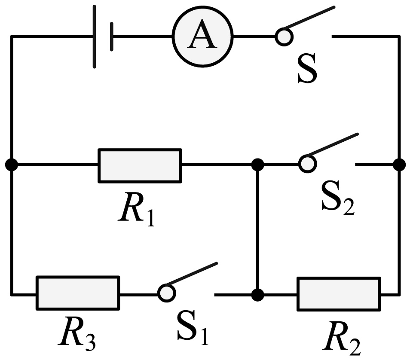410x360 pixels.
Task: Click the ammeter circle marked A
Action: (202, 37)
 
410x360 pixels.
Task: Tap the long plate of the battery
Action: (95, 37)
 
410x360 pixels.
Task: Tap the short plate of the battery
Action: (112, 37)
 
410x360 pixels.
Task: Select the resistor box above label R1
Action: (140, 165)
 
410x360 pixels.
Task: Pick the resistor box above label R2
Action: (338, 294)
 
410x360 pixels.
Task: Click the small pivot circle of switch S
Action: (283, 37)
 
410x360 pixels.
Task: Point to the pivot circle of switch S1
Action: (166, 293)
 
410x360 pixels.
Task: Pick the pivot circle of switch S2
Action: (307, 163)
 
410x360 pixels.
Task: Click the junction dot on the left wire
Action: (12, 165)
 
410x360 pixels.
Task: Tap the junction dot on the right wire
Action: (399, 164)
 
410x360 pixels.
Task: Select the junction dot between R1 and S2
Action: (257, 164)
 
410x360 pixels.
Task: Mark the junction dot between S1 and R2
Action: (257, 295)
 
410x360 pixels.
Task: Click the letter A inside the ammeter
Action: (202, 37)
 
